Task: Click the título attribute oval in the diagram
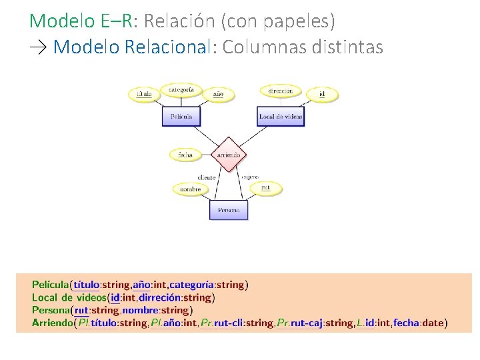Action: [x=144, y=94]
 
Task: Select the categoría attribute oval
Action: [x=181, y=89]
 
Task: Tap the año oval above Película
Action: [x=218, y=95]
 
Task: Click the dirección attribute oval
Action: [x=281, y=91]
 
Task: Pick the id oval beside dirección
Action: [x=322, y=94]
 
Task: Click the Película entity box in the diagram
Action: [x=181, y=117]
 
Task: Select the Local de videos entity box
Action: [x=281, y=117]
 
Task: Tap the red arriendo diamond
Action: [x=229, y=155]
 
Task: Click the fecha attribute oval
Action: [x=185, y=155]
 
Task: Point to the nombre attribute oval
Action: [x=190, y=189]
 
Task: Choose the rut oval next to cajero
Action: [x=266, y=187]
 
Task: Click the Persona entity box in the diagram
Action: [x=229, y=210]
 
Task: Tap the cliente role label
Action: [x=207, y=178]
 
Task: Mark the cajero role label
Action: [x=250, y=177]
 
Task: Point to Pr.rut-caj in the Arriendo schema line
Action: [x=299, y=323]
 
